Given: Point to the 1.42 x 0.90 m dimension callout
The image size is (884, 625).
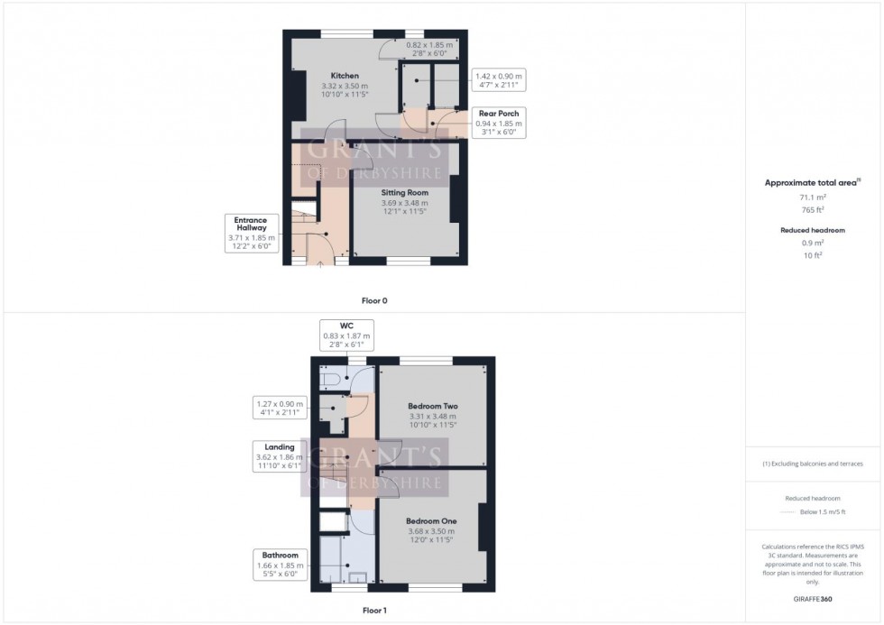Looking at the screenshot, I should point(498,79).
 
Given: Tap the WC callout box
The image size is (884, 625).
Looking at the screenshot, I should point(346,335).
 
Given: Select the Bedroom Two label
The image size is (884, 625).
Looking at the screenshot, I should point(433,407).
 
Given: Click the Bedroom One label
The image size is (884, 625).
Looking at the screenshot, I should point(430,521).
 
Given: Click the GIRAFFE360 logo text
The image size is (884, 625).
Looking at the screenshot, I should point(814,598).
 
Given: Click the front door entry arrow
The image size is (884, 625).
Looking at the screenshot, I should point(320,264).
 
